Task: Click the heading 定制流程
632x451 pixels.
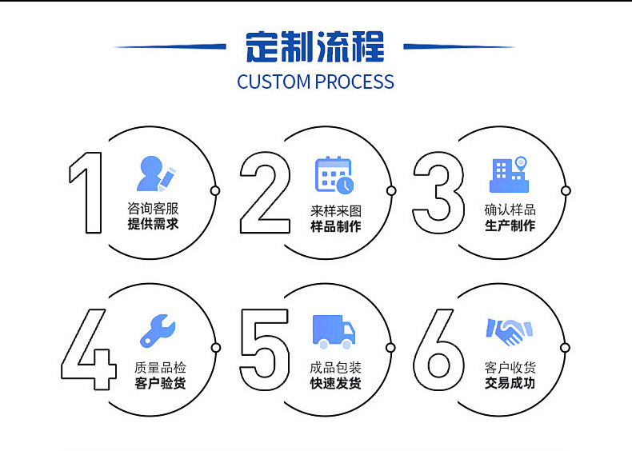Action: click(315, 46)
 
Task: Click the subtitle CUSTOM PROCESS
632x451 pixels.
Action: click(315, 82)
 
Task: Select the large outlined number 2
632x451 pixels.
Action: click(265, 193)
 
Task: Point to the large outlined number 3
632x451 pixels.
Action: click(438, 193)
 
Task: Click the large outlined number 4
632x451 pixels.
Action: click(89, 349)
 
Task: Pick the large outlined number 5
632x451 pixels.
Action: click(264, 349)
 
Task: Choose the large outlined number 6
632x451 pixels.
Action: click(439, 349)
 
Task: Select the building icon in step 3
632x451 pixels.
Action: click(510, 174)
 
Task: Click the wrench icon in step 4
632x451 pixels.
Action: click(158, 330)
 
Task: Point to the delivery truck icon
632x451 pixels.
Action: click(334, 331)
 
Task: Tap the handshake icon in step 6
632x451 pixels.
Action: click(509, 331)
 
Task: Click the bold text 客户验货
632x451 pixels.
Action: click(160, 384)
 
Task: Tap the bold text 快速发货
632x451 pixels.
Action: click(335, 384)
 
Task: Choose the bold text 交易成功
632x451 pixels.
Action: click(510, 384)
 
